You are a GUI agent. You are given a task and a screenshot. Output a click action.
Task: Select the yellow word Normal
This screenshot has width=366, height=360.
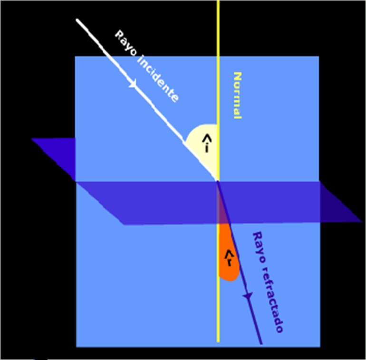(237, 95)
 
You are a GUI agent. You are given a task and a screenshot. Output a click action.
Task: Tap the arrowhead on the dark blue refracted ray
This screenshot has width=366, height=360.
(247, 296)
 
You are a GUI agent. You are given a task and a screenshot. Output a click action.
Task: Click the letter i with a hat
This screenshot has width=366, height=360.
(206, 142)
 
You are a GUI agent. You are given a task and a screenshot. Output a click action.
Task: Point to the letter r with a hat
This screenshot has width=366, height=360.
(230, 257)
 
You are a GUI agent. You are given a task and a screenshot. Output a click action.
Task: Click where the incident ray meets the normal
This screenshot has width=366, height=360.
(218, 180)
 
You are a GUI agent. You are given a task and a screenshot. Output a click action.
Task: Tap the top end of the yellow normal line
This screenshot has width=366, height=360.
(218, 1)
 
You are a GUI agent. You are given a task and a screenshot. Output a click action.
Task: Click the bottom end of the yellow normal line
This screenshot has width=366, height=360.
(218, 341)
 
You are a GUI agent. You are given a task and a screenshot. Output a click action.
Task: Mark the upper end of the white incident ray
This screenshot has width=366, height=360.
(77, 20)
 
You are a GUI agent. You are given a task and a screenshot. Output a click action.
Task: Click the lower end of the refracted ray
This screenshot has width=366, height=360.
(261, 342)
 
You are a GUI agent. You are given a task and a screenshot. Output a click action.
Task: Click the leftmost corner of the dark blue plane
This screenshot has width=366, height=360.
(32, 139)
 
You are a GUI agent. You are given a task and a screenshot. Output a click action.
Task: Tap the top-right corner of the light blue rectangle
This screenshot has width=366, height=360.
(318, 57)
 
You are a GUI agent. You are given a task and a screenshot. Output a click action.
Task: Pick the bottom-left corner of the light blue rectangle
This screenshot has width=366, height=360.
(76, 347)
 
